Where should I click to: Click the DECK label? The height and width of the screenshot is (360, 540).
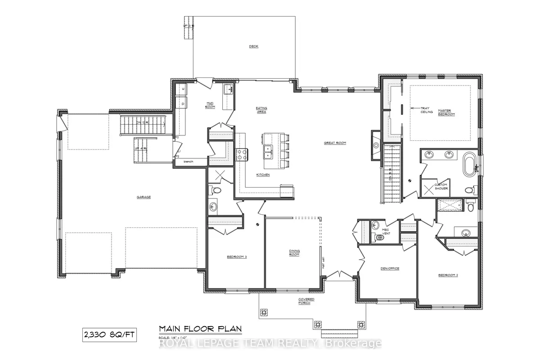pos(253,46)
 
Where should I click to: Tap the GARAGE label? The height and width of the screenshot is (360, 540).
pos(144,197)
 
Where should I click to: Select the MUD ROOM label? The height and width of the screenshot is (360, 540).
pos(210,105)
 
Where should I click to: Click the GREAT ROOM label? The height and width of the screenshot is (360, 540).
pos(335,143)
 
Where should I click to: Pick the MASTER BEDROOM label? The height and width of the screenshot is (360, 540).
pos(447,112)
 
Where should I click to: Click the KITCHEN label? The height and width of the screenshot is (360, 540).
pos(263,175)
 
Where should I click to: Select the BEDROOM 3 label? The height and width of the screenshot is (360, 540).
pos(237,257)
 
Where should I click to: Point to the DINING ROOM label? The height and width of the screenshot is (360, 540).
pos(294,252)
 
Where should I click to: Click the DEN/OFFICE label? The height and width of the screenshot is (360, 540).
pos(390,269)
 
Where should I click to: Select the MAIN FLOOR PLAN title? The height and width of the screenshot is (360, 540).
pos(200,329)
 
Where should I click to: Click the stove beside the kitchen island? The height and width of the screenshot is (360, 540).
pos(242,154)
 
